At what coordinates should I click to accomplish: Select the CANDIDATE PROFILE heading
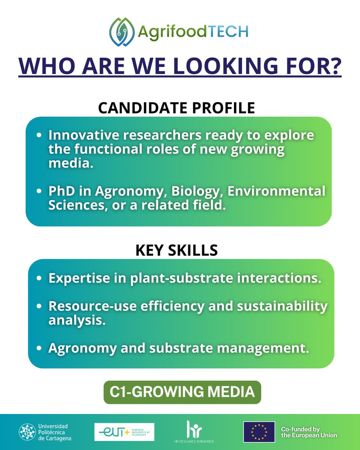point(177,108)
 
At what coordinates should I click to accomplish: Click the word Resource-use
point(86,306)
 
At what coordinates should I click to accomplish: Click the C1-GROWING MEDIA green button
point(182,392)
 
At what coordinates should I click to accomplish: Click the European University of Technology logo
point(124,432)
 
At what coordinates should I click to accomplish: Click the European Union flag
point(259,432)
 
